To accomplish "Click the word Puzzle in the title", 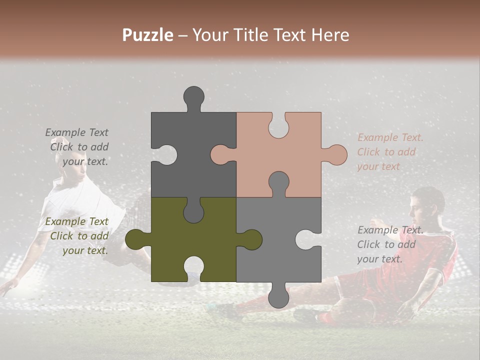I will [148, 35].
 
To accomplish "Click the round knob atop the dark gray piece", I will [193, 96].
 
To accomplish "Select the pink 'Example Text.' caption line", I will [390, 137].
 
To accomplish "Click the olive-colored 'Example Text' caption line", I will [76, 221].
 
